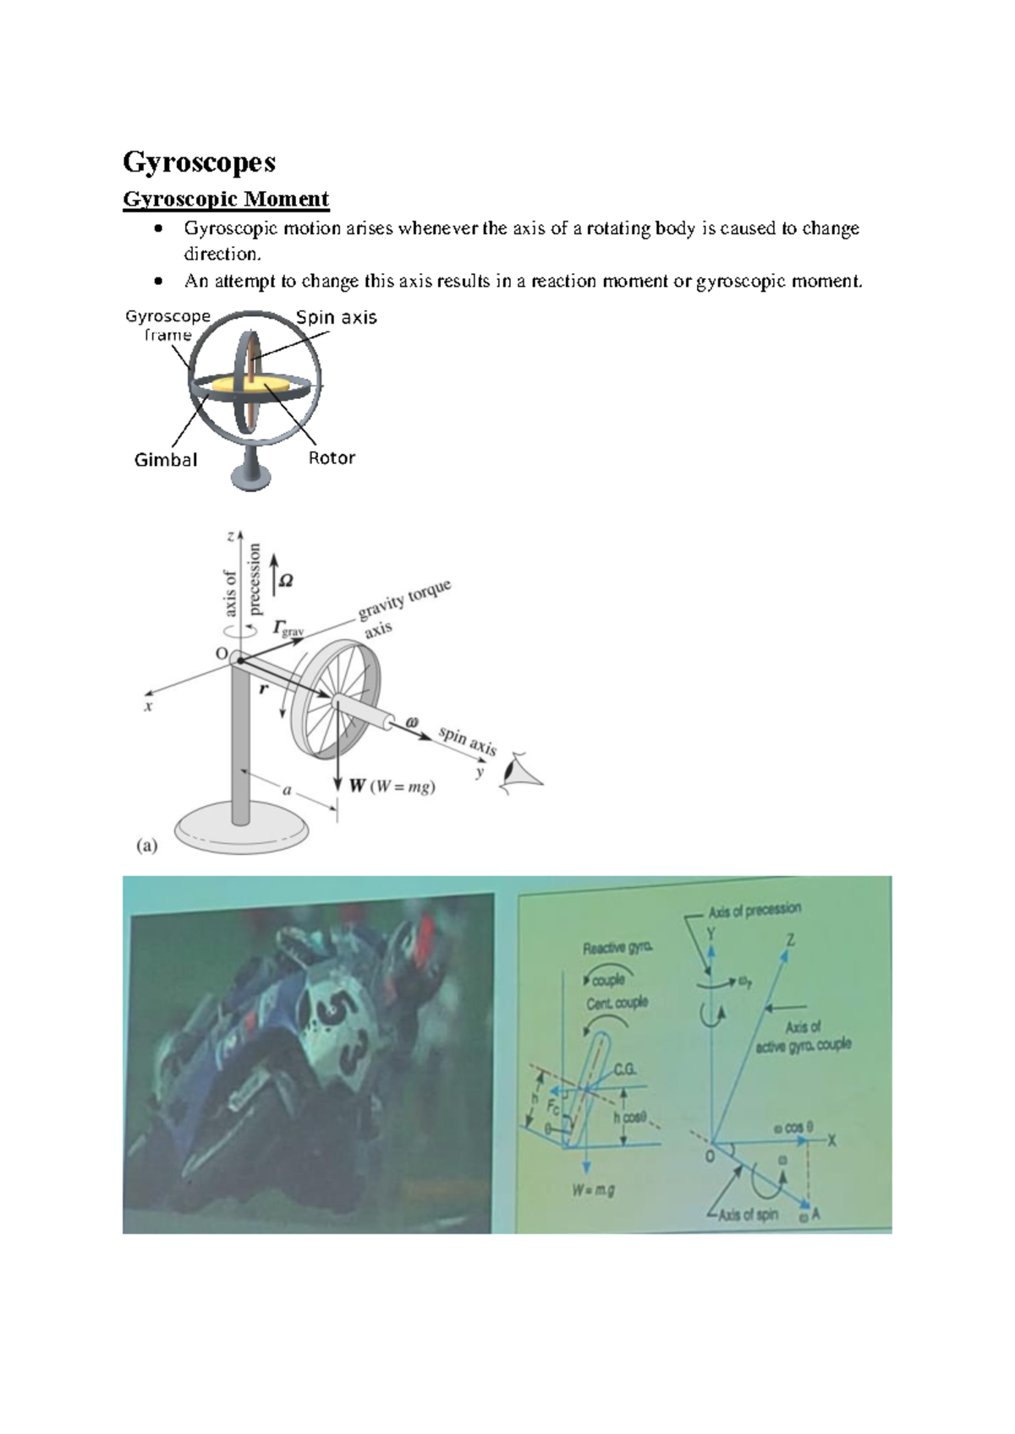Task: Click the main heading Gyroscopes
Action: point(199,161)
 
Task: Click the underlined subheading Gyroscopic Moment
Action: point(226,200)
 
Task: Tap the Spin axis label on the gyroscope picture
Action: point(336,317)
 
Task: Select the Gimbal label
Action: point(166,460)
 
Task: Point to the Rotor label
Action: point(332,458)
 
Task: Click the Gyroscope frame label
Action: point(167,326)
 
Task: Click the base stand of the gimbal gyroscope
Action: point(250,475)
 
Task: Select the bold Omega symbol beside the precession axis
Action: point(286,581)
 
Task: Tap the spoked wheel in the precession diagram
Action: point(336,699)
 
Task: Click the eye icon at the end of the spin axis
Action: point(517,773)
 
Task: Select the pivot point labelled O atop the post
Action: point(239,660)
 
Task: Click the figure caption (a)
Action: point(147,845)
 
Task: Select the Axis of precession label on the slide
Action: point(754,911)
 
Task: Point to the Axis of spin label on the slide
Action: point(748,1215)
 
